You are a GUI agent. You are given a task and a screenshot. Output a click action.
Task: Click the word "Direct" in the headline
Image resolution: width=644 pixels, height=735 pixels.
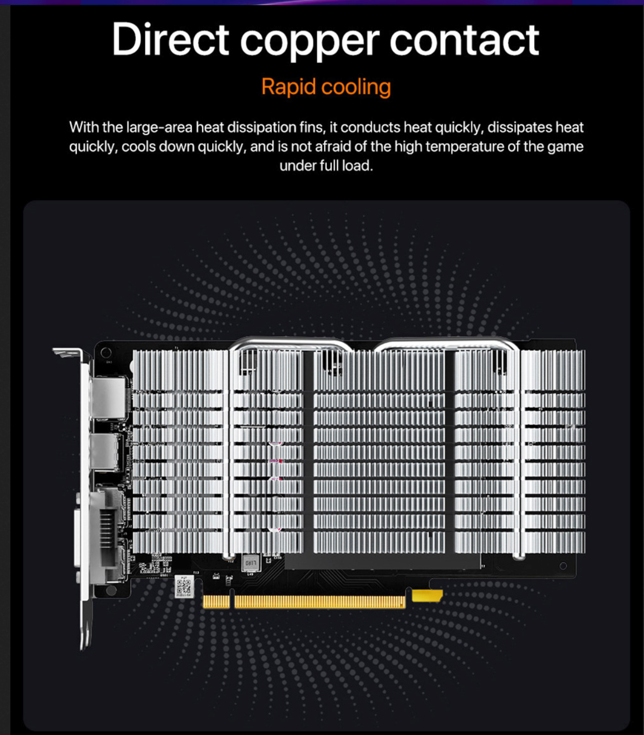(x=170, y=39)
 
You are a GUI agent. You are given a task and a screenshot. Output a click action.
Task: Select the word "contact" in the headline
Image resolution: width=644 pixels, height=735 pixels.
(x=464, y=39)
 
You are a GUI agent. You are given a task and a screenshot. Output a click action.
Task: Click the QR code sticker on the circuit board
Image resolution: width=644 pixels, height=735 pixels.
(x=184, y=586)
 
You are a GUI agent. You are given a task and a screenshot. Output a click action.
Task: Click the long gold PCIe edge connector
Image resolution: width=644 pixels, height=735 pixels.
(x=319, y=602)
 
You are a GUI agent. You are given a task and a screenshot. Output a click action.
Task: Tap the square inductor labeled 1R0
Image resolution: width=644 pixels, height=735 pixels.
(x=250, y=562)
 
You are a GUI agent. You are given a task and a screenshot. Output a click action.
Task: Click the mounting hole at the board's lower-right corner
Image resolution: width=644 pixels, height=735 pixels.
(x=564, y=566)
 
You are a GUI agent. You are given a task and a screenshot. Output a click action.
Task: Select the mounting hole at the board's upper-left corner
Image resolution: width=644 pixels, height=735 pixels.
(x=106, y=353)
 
